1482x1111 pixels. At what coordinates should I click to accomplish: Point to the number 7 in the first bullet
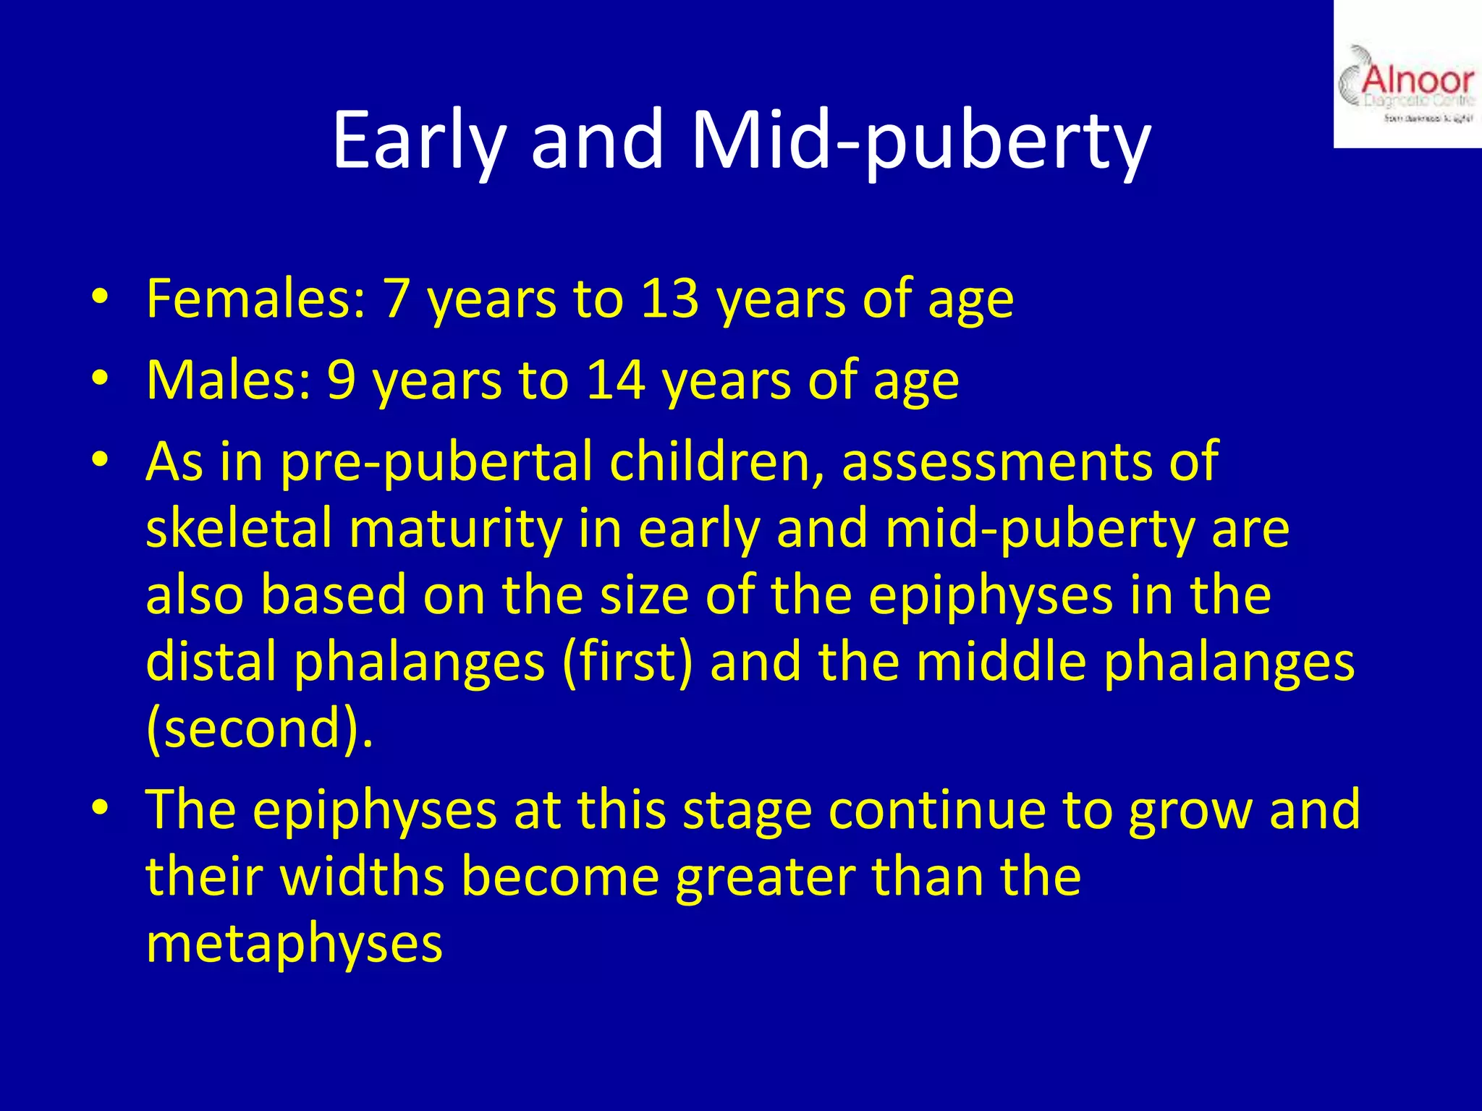click(x=397, y=298)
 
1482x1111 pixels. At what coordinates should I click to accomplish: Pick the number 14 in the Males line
click(x=616, y=380)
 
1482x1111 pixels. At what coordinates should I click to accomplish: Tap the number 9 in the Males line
click(x=342, y=380)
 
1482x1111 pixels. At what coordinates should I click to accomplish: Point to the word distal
click(x=211, y=662)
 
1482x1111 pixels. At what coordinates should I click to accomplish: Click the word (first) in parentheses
click(x=627, y=662)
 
